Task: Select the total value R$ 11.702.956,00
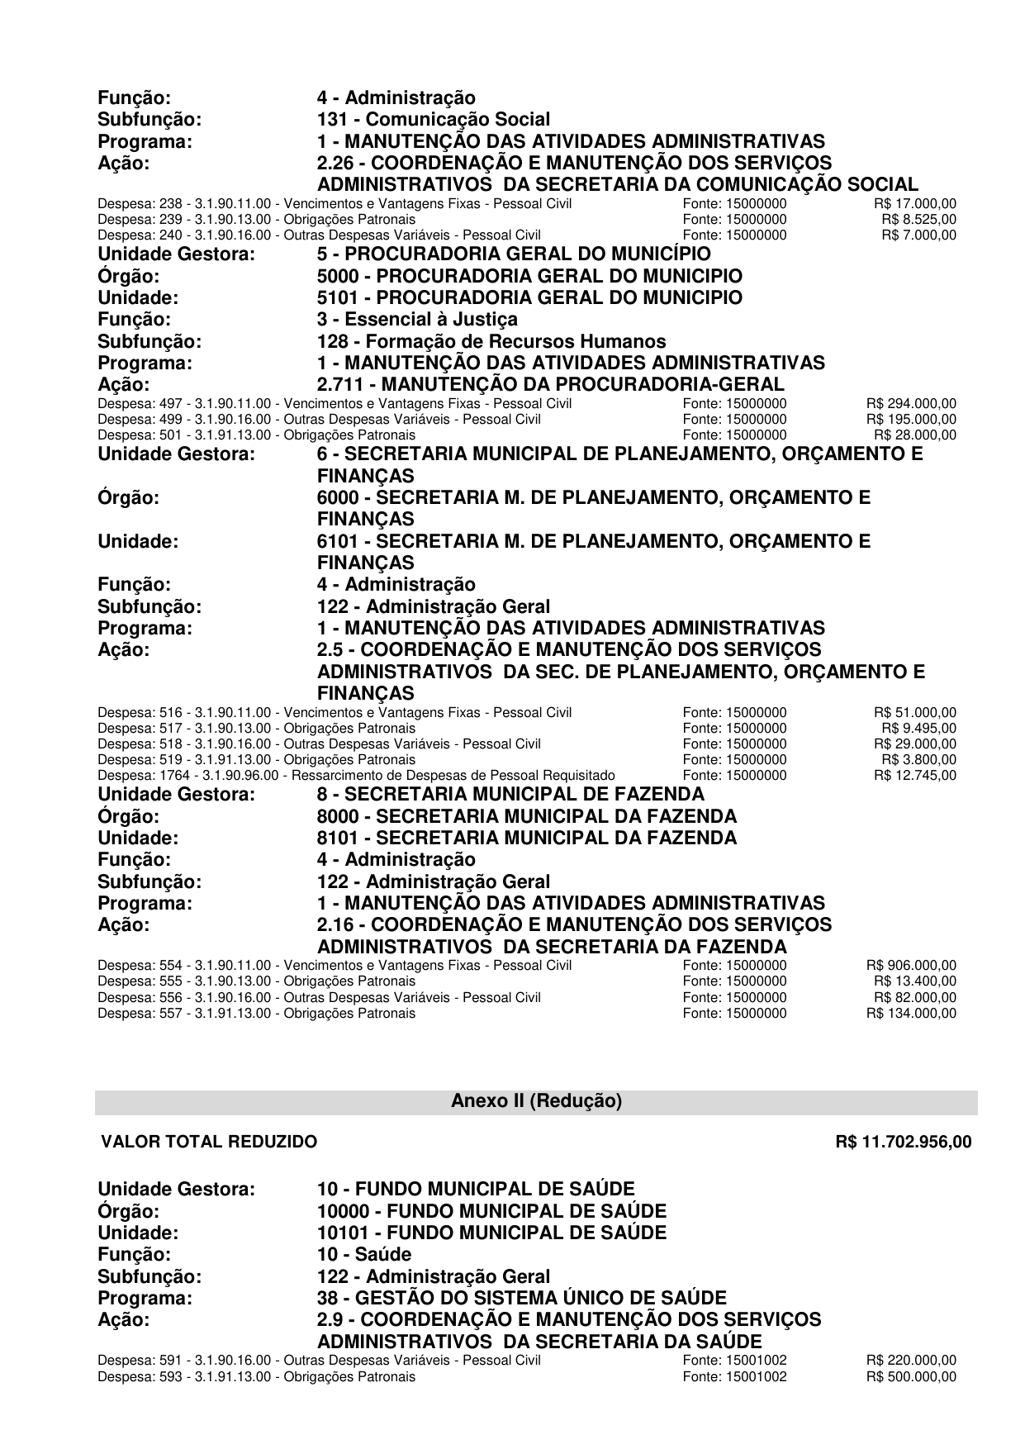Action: (904, 1142)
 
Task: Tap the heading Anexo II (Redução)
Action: (536, 1101)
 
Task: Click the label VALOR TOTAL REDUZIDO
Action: (209, 1142)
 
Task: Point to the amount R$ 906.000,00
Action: (911, 965)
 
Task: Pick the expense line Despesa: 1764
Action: (356, 775)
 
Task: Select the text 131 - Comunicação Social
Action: (434, 120)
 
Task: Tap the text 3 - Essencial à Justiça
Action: (418, 319)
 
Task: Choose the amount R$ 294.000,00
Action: (911, 403)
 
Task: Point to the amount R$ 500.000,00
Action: (911, 1376)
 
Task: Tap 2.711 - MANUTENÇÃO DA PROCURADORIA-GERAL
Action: (551, 384)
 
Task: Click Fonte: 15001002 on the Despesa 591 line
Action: (734, 1361)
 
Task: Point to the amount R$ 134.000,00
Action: (911, 1013)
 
